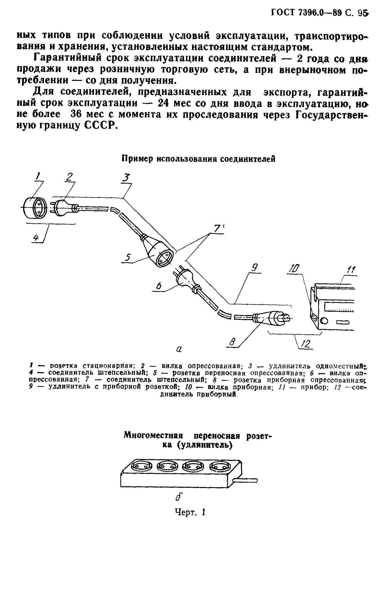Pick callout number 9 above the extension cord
256,268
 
